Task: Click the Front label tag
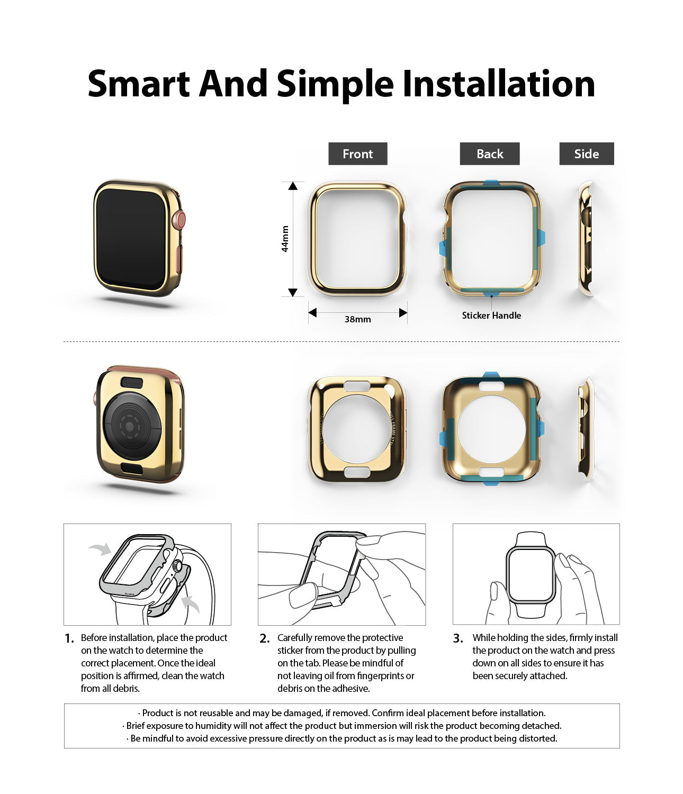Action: point(357,154)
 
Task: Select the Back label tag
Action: point(490,154)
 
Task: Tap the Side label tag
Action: point(587,154)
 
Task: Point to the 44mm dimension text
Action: point(285,239)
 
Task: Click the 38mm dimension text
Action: point(357,319)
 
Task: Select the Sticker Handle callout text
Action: point(491,315)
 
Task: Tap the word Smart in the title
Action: point(139,84)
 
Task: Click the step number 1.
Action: point(69,638)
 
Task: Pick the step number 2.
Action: point(265,638)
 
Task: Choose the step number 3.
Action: point(459,638)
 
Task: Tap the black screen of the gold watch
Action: point(131,239)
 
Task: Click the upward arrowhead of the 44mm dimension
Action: point(293,186)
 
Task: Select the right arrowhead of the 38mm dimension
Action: point(403,312)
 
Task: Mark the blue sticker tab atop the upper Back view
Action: point(492,184)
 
